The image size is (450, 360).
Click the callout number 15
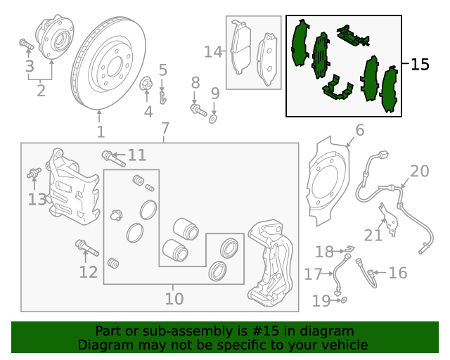tap(419, 65)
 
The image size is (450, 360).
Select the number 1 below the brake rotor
tap(101, 131)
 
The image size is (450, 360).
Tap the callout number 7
tap(165, 129)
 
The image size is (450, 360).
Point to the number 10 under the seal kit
tap(174, 299)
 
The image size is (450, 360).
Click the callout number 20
tap(419, 171)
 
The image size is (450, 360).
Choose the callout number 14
tap(212, 51)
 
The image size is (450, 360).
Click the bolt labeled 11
tap(112, 157)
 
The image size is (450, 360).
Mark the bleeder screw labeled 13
tap(33, 173)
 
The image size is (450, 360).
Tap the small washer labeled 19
tap(342, 300)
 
